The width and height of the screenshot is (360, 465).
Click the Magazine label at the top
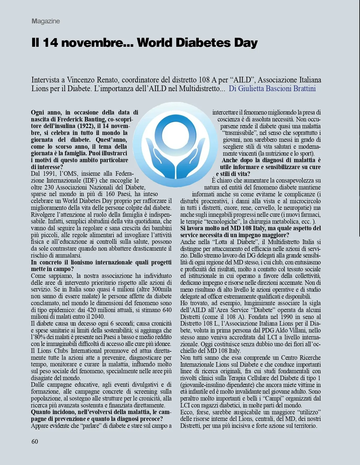(x=46, y=21)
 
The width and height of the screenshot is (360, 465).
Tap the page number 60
(x=35, y=441)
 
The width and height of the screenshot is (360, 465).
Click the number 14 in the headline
(x=50, y=43)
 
